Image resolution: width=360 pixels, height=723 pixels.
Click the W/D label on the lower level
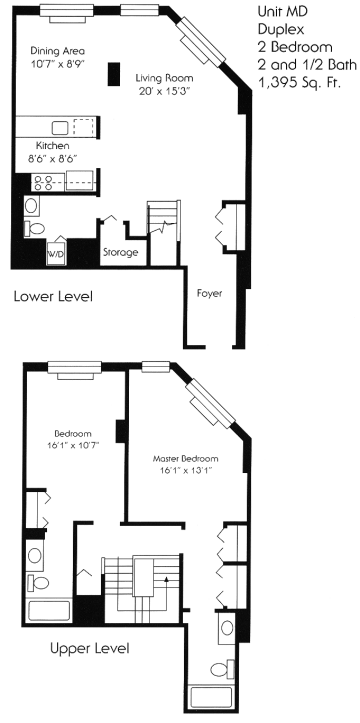point(56,254)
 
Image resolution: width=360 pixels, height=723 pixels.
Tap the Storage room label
point(120,253)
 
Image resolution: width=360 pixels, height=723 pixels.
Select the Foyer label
point(209,293)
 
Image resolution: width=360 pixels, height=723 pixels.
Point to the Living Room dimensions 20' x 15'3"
point(165,91)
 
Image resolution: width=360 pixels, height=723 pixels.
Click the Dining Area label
point(58,51)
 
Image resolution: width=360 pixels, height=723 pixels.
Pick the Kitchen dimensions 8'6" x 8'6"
point(52,159)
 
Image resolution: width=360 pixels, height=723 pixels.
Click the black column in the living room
point(114,74)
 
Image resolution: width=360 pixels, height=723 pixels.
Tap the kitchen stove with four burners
point(42,182)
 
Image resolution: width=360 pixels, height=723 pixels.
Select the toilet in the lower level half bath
point(35,228)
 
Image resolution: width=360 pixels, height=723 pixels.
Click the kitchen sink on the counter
point(60,127)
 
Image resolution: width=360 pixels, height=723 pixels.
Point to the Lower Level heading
point(53,296)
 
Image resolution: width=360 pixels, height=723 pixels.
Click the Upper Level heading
point(89,649)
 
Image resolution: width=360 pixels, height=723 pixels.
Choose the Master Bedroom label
point(185,459)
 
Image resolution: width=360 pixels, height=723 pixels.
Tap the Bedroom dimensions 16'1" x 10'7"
point(74,445)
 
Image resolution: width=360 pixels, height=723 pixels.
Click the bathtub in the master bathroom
point(212,697)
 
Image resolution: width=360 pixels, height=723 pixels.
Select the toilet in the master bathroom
point(223,669)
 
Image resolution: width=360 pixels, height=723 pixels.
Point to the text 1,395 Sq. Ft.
point(303,83)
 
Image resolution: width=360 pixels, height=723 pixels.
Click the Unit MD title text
point(282,12)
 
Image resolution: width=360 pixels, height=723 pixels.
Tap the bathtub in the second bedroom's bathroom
point(49,611)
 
